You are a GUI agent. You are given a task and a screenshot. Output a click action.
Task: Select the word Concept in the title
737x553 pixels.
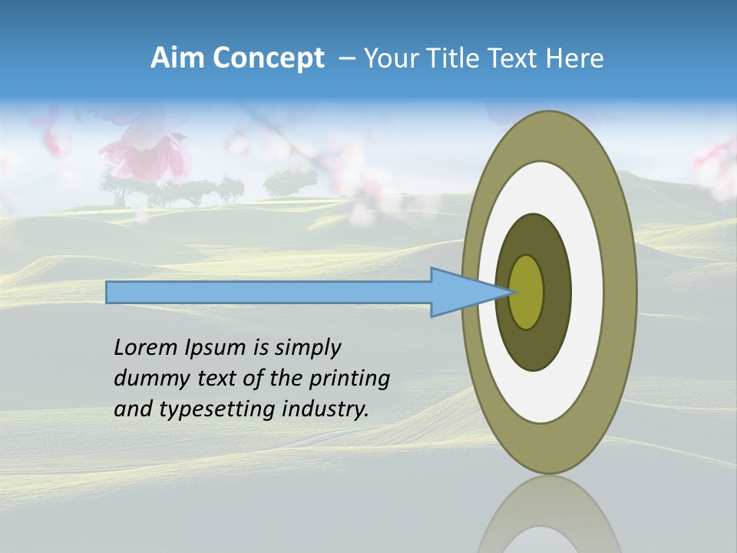(x=268, y=58)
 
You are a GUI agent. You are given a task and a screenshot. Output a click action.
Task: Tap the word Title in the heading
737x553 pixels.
(x=456, y=58)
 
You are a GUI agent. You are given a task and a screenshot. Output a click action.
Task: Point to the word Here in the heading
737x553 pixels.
(x=575, y=58)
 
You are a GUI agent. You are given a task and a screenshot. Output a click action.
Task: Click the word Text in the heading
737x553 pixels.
(x=516, y=58)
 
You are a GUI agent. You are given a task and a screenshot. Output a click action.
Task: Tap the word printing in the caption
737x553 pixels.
(x=349, y=379)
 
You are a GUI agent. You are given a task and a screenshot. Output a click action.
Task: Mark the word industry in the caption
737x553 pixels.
(x=326, y=409)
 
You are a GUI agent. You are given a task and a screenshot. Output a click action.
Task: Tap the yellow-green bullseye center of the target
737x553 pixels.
(x=526, y=292)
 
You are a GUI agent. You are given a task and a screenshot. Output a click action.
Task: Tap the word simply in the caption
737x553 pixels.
(x=306, y=348)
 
